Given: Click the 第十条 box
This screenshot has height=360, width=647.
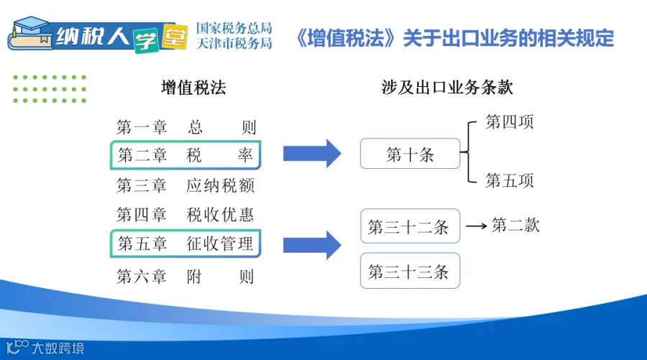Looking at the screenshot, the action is [410, 153].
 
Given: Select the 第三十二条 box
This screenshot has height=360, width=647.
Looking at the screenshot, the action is [410, 226].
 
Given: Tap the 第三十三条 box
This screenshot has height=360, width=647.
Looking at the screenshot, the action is [410, 270].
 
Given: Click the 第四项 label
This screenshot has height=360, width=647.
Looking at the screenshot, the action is [509, 122].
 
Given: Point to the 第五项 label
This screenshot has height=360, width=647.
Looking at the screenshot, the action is [509, 180].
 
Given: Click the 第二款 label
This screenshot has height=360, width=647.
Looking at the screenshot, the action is [515, 225].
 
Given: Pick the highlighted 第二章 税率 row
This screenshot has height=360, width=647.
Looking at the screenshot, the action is [185, 155].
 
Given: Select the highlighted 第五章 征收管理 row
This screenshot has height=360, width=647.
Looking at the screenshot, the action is [185, 244].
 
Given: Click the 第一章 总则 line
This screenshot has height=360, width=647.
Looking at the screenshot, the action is [186, 127].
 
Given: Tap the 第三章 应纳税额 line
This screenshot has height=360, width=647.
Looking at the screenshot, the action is [185, 185].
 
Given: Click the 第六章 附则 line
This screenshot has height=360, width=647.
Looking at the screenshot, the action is [185, 277].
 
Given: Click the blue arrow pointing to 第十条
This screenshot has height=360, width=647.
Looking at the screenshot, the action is [312, 153].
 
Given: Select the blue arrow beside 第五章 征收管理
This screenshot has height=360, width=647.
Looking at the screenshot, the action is [312, 245].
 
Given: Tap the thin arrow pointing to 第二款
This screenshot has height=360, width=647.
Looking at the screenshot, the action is [477, 226].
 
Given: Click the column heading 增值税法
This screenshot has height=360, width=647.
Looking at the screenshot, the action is [193, 88].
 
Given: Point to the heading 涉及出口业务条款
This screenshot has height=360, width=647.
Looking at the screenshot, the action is [447, 88].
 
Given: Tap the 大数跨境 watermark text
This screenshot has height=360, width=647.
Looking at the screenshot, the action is [58, 349].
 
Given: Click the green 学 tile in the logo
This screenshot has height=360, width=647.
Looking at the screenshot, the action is [146, 40].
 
